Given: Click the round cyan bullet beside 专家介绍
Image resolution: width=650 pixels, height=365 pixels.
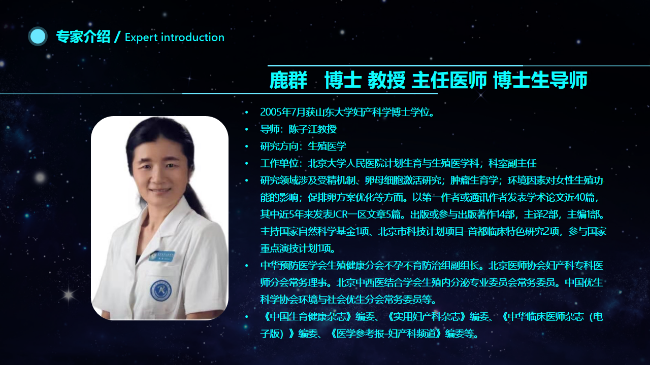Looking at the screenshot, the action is pyautogui.click(x=38, y=36).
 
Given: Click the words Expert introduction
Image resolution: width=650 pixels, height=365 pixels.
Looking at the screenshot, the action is pyautogui.click(x=175, y=38).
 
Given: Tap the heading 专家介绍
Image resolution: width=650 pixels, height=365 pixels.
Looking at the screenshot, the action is pyautogui.click(x=83, y=37).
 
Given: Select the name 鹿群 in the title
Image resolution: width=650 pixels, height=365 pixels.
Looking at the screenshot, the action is pyautogui.click(x=288, y=80).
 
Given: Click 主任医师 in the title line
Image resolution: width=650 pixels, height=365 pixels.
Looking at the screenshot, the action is pyautogui.click(x=449, y=80).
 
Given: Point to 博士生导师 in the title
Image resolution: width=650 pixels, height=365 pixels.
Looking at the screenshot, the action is pyautogui.click(x=540, y=80).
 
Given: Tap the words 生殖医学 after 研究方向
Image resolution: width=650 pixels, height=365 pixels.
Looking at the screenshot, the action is pyautogui.click(x=327, y=147).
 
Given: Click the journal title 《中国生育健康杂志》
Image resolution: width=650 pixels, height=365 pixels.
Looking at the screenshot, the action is pyautogui.click(x=308, y=317).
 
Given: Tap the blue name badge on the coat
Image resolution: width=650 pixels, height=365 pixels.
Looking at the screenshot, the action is pyautogui.click(x=161, y=256).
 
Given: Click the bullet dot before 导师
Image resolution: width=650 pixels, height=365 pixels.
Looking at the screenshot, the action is pyautogui.click(x=247, y=129).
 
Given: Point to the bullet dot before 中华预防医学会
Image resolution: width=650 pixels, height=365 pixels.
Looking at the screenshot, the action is pyautogui.click(x=247, y=265).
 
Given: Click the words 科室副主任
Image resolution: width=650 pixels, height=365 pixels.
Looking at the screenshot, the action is pyautogui.click(x=512, y=163).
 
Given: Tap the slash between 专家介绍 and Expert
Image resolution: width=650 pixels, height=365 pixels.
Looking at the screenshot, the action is pyautogui.click(x=117, y=37).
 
